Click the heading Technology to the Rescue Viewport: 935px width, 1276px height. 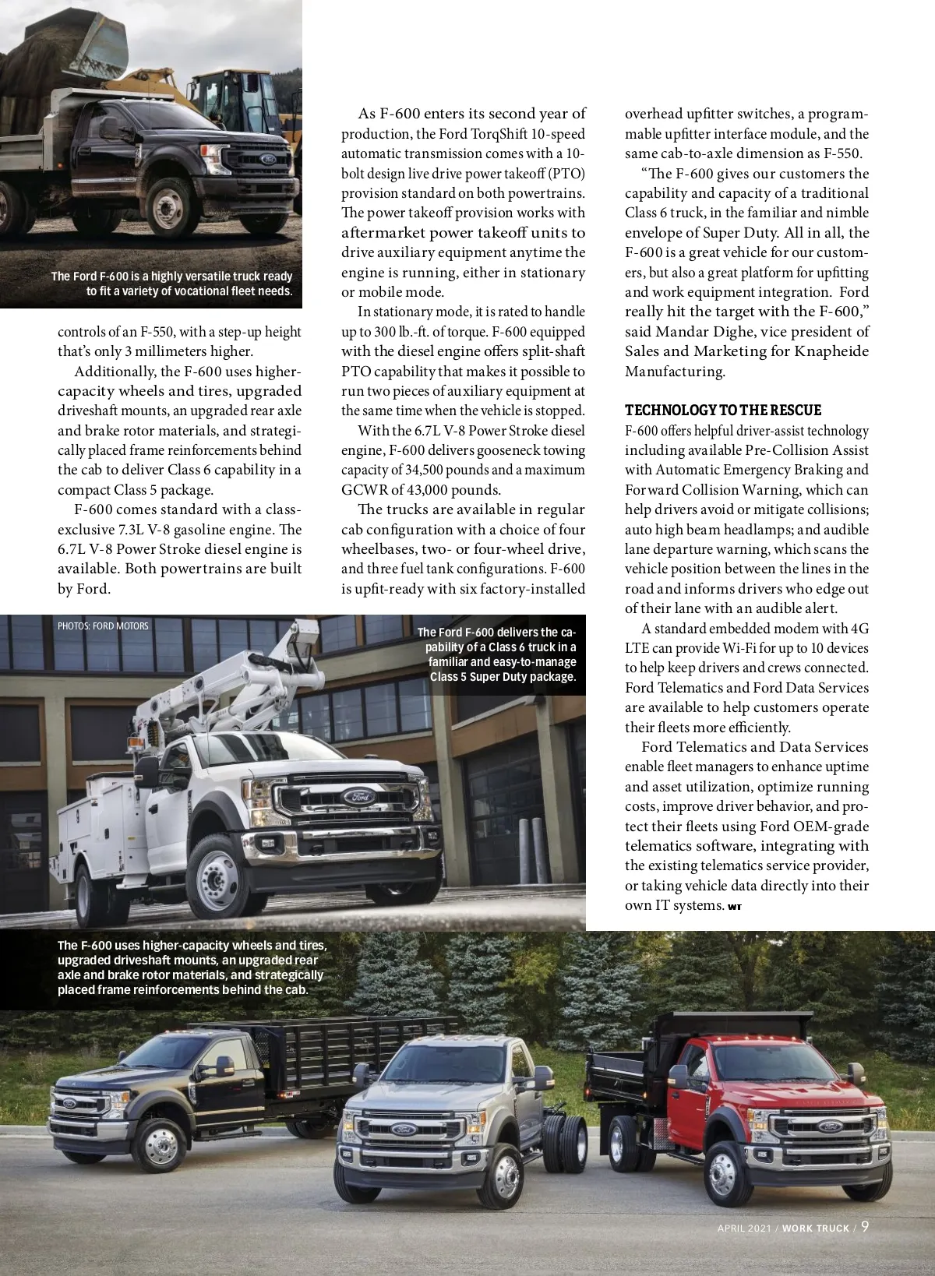coord(722,411)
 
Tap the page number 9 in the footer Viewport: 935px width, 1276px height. coord(865,1226)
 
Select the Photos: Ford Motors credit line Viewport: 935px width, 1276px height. coord(103,626)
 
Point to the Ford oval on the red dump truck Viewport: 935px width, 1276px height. coord(829,1126)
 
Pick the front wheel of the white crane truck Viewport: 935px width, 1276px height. coord(219,876)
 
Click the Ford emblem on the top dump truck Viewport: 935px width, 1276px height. coord(268,159)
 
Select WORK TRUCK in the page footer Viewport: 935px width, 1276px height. coord(815,1228)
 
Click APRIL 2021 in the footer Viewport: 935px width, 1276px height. coord(744,1228)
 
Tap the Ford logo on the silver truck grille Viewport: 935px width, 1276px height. coord(404,1130)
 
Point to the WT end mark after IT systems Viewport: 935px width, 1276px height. coord(735,907)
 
